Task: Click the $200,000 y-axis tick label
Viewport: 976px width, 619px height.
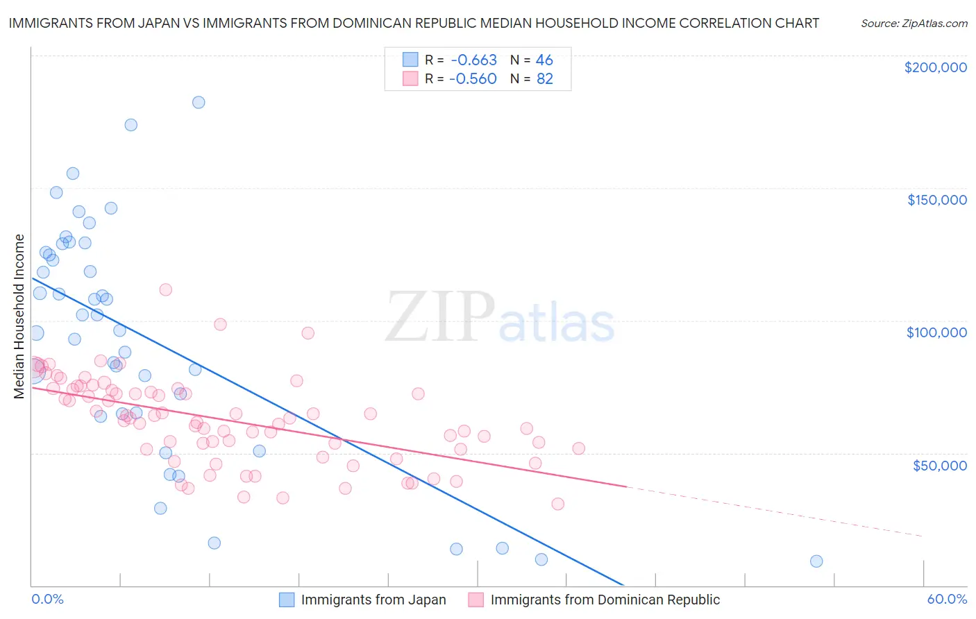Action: pyautogui.click(x=935, y=67)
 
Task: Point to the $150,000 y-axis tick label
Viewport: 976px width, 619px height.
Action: pyautogui.click(x=936, y=200)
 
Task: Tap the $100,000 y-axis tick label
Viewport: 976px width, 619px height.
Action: pyautogui.click(x=936, y=332)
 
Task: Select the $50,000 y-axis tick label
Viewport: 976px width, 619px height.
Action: pyautogui.click(x=939, y=466)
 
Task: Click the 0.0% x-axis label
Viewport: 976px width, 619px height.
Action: pyautogui.click(x=47, y=600)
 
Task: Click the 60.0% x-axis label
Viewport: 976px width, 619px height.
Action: pyautogui.click(x=947, y=600)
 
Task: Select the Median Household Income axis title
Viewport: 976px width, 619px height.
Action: pyautogui.click(x=19, y=316)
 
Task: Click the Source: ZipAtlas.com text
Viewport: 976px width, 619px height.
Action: pyautogui.click(x=914, y=24)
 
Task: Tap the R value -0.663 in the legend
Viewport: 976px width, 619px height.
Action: pyautogui.click(x=473, y=60)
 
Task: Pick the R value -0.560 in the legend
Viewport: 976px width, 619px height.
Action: pyautogui.click(x=473, y=79)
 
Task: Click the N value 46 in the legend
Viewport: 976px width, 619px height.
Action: pyautogui.click(x=544, y=60)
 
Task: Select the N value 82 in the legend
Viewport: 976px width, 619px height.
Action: pyautogui.click(x=544, y=79)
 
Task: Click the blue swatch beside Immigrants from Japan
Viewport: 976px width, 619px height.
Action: pyautogui.click(x=287, y=600)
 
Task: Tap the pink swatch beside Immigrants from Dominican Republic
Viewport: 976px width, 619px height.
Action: pyautogui.click(x=476, y=600)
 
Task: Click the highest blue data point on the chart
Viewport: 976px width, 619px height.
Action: pyautogui.click(x=199, y=102)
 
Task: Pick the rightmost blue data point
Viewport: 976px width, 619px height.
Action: pyautogui.click(x=816, y=561)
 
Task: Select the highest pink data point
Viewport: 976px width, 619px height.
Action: pyautogui.click(x=165, y=289)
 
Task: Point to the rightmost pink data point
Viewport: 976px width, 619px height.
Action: pyautogui.click(x=578, y=448)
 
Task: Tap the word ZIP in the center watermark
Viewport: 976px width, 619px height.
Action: pyautogui.click(x=440, y=317)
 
